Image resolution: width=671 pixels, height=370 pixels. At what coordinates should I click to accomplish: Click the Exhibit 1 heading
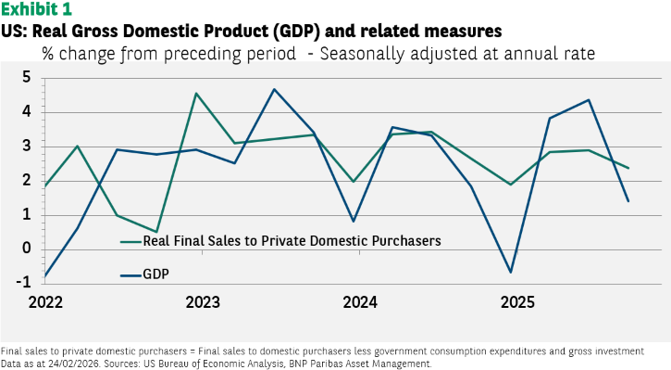[36, 8]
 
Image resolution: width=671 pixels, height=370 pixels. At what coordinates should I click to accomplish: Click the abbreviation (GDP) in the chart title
[297, 31]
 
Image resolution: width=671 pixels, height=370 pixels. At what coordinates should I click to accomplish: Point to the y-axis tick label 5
[27, 78]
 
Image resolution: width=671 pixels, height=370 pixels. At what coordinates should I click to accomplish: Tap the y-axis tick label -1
[24, 283]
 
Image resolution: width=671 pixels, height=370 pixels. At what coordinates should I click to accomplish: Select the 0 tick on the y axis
[27, 249]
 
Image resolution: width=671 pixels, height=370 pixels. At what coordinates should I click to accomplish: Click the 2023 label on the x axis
[203, 302]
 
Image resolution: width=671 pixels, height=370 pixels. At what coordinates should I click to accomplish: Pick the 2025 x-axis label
[517, 302]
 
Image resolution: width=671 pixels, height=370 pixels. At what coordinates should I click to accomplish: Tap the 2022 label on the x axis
[45, 302]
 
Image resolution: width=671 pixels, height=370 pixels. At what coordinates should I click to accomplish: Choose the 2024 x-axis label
[360, 302]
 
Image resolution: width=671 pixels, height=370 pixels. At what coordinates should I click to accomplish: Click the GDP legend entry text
[155, 274]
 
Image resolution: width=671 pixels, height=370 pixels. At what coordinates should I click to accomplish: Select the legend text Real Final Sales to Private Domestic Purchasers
[292, 241]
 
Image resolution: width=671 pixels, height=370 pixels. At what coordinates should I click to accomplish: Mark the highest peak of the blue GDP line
[274, 89]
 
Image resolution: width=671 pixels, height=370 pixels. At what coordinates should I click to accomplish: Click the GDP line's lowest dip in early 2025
[511, 273]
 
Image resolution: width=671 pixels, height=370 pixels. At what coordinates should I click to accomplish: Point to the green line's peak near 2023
[195, 93]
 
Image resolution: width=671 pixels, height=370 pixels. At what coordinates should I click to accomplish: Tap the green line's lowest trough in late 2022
[156, 232]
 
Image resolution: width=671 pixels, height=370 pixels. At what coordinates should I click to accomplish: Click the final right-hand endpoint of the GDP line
[628, 201]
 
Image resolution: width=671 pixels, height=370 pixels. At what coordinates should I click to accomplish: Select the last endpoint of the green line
[628, 168]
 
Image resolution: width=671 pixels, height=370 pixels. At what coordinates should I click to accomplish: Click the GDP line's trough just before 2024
[353, 222]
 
